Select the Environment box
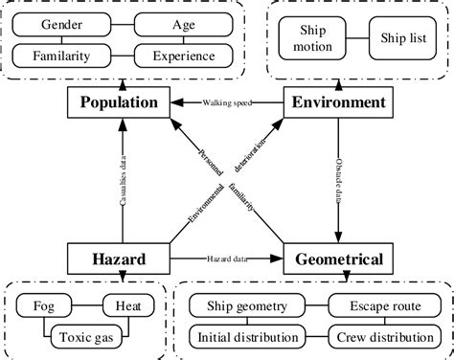coord(336,101)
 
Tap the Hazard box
coord(120,257)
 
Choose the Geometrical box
coord(337,257)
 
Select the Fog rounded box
coord(47,307)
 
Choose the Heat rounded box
coord(129,307)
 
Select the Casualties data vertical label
coord(122,180)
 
